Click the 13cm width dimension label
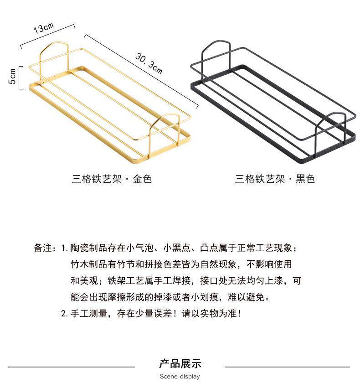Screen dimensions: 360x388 click(43, 27)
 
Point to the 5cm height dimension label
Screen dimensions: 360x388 click(13, 76)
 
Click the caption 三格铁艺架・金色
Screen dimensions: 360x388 click(112, 179)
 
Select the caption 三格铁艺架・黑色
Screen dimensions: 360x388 click(275, 179)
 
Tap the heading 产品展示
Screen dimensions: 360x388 click(180, 363)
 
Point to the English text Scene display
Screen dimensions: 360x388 click(180, 377)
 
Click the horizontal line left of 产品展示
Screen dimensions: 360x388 click(72, 367)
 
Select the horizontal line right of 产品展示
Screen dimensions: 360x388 click(287, 367)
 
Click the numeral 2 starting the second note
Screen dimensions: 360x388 click(64, 314)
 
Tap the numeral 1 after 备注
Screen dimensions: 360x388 click(64, 248)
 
